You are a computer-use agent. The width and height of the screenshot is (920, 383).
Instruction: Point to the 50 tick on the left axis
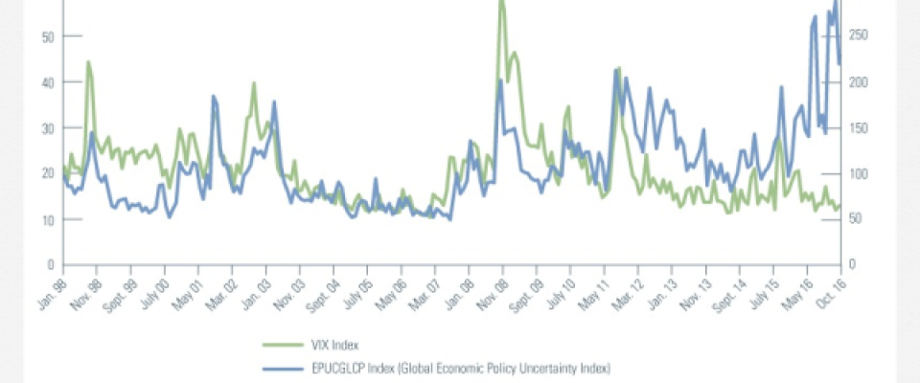pos(48,36)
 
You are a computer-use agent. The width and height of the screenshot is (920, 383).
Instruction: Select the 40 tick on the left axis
pos(48,82)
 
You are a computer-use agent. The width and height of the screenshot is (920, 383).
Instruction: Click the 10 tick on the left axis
pos(48,219)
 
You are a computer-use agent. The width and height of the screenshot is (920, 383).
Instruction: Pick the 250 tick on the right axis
pos(858,36)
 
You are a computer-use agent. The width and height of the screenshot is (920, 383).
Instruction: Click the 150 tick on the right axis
pos(858,128)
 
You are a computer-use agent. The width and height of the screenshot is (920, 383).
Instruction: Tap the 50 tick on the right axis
pos(855,219)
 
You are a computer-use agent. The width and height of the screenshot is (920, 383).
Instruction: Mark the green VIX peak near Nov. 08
pos(501,3)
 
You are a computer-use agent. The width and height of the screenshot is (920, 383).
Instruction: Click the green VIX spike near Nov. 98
pos(88,62)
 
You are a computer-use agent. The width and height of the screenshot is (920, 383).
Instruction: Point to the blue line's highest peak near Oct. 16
pos(835,3)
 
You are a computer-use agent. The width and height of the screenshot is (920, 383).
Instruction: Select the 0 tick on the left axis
pos(51,265)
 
